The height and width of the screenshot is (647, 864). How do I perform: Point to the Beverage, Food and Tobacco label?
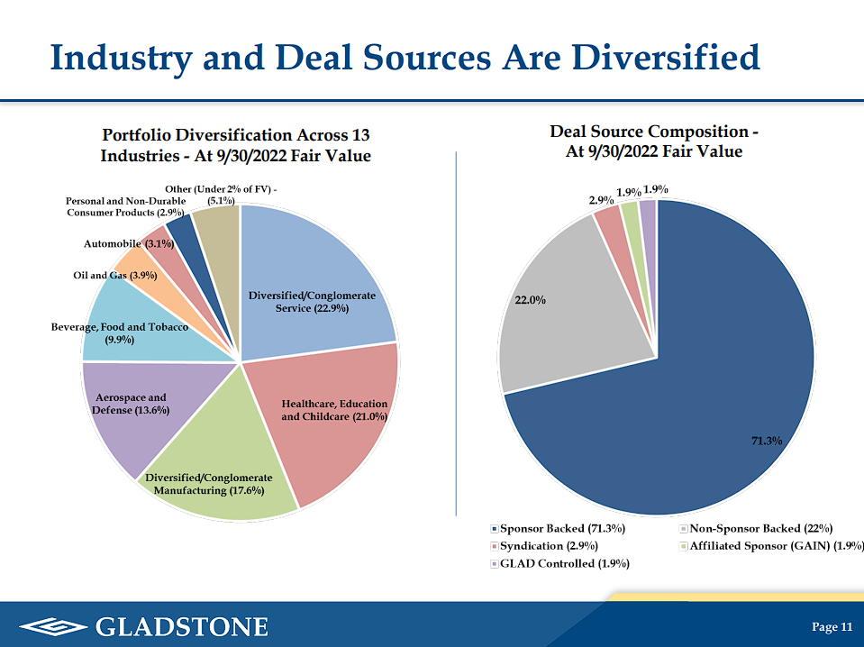click(120, 333)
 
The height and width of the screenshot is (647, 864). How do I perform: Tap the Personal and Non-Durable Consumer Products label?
click(125, 206)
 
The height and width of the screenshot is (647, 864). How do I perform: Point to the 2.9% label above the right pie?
click(602, 199)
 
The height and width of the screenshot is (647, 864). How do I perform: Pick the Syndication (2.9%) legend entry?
click(548, 546)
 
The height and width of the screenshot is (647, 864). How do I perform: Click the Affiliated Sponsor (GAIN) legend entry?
click(775, 546)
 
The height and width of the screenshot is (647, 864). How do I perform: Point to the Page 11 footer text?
click(832, 627)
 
